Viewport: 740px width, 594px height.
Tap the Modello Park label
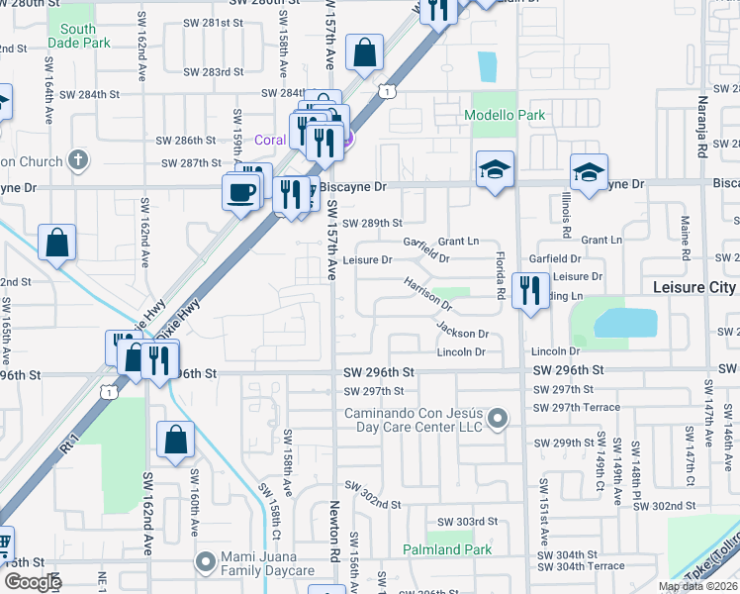[506, 116]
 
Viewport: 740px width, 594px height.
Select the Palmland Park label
[446, 549]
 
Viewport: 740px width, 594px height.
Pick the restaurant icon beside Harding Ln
[531, 291]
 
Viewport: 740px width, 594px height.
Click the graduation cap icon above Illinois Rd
[589, 172]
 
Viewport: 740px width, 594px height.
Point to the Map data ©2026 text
[697, 586]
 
